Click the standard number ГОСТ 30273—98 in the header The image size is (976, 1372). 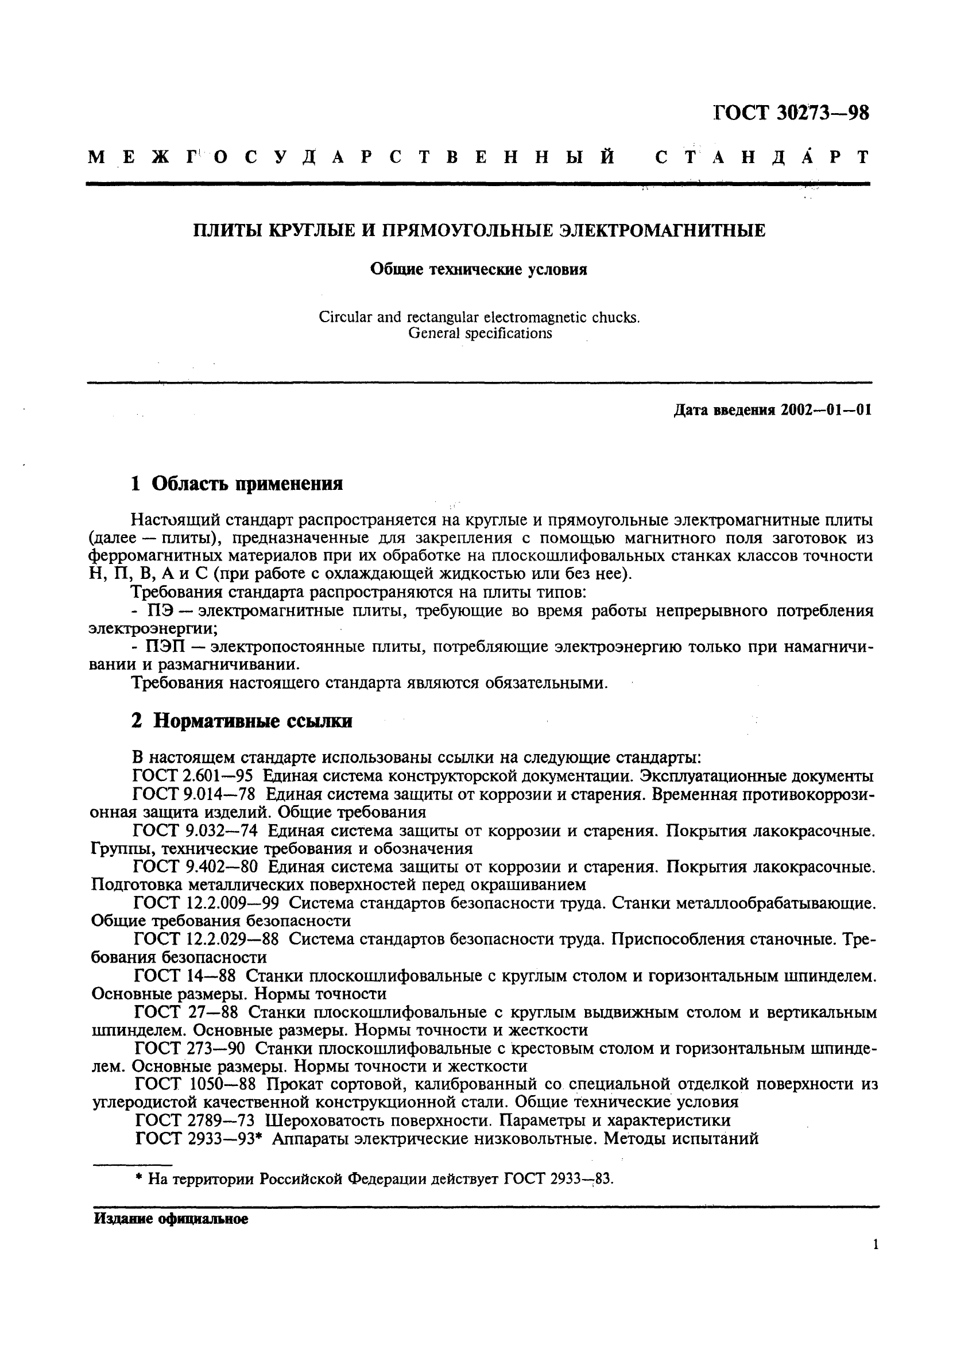coord(791,113)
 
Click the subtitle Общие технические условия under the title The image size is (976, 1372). coord(478,270)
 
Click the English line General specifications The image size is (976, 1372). coord(479,333)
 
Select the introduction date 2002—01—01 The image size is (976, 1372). coord(826,410)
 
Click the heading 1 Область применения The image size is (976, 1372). coord(237,484)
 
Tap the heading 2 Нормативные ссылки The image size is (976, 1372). coord(242,721)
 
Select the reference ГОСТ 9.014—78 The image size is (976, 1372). coord(194,794)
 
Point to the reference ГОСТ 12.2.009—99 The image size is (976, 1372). coord(207,903)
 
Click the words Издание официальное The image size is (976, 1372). coord(171,1220)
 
